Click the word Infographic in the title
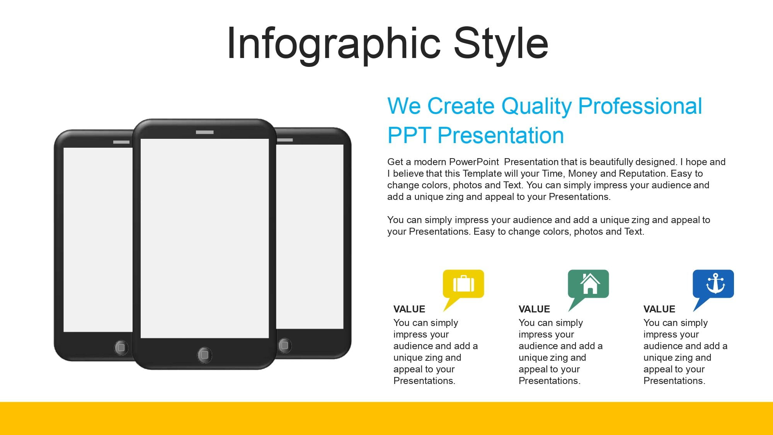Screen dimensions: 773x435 334,44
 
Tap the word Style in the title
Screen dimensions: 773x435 501,44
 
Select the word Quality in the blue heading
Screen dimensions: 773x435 536,107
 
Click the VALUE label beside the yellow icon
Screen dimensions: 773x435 409,309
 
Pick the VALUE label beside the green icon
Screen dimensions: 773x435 534,309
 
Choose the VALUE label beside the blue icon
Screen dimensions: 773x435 659,309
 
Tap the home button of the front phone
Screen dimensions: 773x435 204,355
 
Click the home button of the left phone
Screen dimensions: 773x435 121,347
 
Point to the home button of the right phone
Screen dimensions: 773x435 284,345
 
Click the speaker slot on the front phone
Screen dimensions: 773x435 204,132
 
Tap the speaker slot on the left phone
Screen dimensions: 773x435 121,142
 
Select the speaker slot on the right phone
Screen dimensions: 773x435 285,140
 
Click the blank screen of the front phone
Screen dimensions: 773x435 204,238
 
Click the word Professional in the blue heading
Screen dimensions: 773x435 640,106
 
